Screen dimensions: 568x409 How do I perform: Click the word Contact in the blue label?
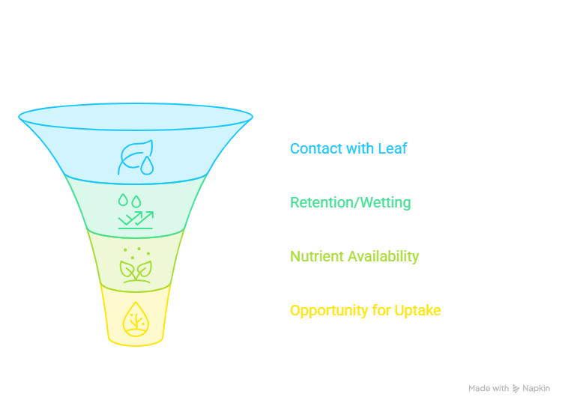316,148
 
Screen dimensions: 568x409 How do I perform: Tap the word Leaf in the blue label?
393,148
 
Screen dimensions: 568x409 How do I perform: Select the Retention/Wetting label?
350,202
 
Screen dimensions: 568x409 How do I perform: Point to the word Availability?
383,257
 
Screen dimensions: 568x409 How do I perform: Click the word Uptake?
417,311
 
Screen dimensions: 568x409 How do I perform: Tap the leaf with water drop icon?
136,157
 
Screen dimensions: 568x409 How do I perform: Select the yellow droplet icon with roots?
136,319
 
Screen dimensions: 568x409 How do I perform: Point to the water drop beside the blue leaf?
147,166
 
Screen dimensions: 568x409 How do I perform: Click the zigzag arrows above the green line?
136,219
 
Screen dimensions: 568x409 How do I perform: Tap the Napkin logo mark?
516,389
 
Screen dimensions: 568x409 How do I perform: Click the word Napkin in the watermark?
536,389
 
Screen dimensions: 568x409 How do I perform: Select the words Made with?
489,388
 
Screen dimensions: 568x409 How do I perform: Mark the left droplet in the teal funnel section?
123,199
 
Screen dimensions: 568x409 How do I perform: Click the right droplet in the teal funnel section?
136,202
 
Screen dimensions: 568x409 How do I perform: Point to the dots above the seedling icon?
136,253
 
